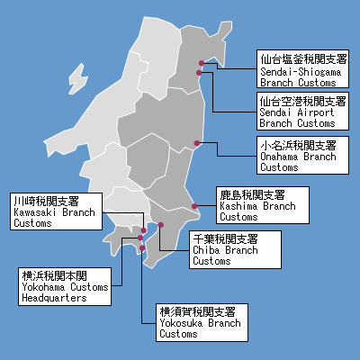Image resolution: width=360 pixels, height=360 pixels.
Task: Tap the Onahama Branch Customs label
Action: pyautogui.click(x=298, y=156)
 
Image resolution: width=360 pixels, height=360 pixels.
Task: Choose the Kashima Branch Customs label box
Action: pyautogui.click(x=262, y=205)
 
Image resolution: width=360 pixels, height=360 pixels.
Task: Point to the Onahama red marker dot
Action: pyautogui.click(x=197, y=143)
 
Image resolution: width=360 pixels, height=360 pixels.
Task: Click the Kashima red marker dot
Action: pyautogui.click(x=194, y=206)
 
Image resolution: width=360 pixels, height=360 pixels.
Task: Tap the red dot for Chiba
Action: pyautogui.click(x=161, y=225)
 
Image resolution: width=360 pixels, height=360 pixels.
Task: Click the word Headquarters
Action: pyautogui.click(x=53, y=296)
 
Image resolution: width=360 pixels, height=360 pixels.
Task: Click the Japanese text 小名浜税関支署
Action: pyautogui.click(x=298, y=145)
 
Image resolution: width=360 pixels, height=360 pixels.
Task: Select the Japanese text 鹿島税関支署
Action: pyautogui.click(x=252, y=194)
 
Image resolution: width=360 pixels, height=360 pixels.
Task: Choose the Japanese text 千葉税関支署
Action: pyautogui.click(x=225, y=239)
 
